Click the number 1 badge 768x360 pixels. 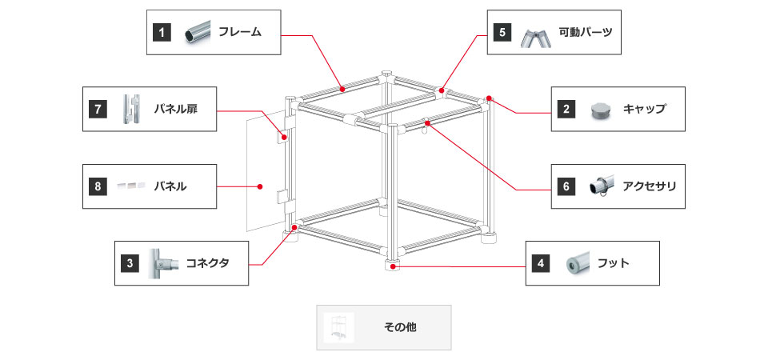click(162, 33)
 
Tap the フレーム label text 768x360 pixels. click(240, 33)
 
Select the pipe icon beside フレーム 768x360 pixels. click(198, 33)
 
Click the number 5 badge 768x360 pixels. click(502, 33)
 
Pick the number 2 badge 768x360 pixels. click(566, 109)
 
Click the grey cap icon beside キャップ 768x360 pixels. click(602, 110)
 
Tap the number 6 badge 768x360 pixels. click(566, 186)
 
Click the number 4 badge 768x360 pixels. click(542, 262)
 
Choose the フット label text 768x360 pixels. click(614, 262)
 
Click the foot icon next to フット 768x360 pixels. click(575, 262)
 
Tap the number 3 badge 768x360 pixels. click(130, 262)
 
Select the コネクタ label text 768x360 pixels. click(207, 262)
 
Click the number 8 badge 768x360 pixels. click(98, 186)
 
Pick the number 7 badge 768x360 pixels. click(98, 109)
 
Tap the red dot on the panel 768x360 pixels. click(261, 186)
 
